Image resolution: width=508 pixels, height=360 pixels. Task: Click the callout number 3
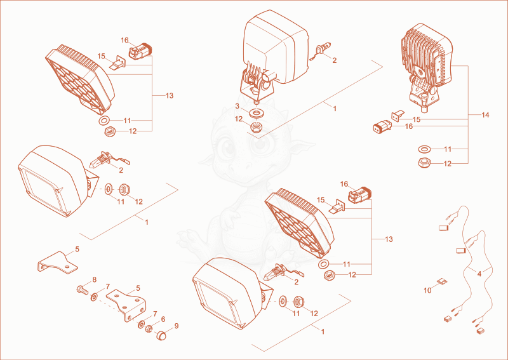pyautogui.click(x=237, y=106)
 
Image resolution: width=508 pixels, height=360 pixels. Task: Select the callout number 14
pyautogui.click(x=485, y=115)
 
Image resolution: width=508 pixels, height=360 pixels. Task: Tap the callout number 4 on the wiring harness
pyautogui.click(x=479, y=274)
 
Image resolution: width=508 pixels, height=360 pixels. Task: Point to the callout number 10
pyautogui.click(x=427, y=290)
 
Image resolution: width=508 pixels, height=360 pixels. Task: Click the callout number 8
pyautogui.click(x=95, y=279)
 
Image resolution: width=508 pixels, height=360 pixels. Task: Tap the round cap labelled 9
pyautogui.click(x=161, y=335)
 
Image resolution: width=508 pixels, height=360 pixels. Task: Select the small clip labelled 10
pyautogui.click(x=442, y=281)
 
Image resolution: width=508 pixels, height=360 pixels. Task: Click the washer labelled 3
pyautogui.click(x=256, y=114)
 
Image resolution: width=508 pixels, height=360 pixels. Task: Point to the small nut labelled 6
pyautogui.click(x=149, y=329)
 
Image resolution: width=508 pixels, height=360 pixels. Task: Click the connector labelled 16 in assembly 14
pyautogui.click(x=382, y=127)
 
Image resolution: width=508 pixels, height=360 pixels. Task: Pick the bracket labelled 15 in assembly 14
pyautogui.click(x=398, y=116)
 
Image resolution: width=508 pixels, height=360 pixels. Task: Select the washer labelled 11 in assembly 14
pyautogui.click(x=424, y=149)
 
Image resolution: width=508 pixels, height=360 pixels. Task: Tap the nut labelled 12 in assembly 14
pyautogui.click(x=424, y=163)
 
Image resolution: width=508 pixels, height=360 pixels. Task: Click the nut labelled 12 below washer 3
pyautogui.click(x=256, y=126)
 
